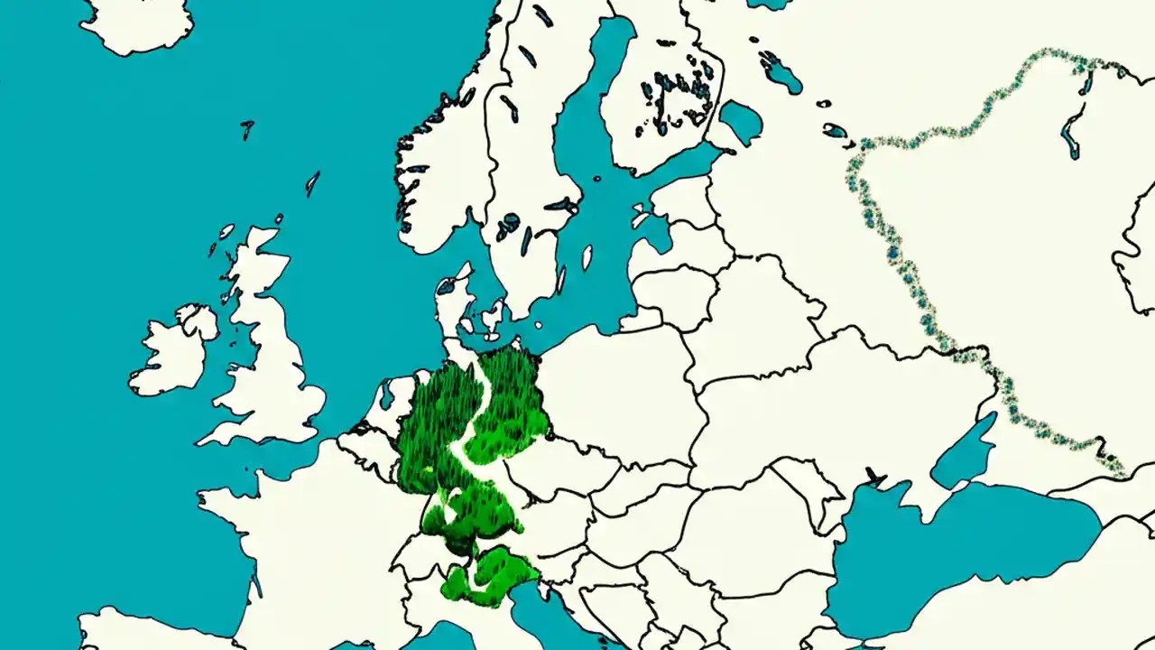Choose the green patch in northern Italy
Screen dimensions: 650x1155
coord(487,578)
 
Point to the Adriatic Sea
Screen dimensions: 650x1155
coord(550,614)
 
